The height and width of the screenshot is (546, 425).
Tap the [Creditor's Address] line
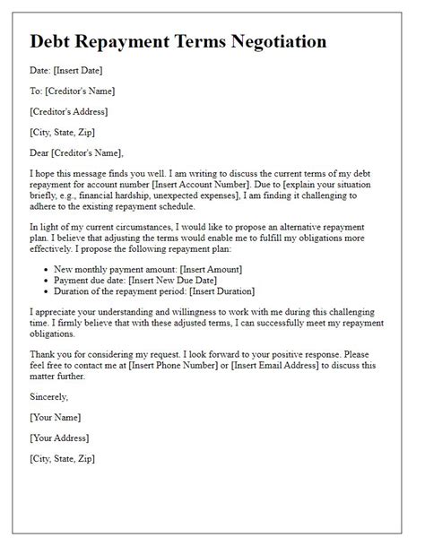tap(69, 111)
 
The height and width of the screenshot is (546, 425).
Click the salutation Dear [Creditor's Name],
tap(76, 152)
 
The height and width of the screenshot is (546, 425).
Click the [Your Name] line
tap(56, 417)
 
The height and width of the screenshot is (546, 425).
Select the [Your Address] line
tap(61, 438)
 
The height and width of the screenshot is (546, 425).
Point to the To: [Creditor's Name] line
tap(72, 91)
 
